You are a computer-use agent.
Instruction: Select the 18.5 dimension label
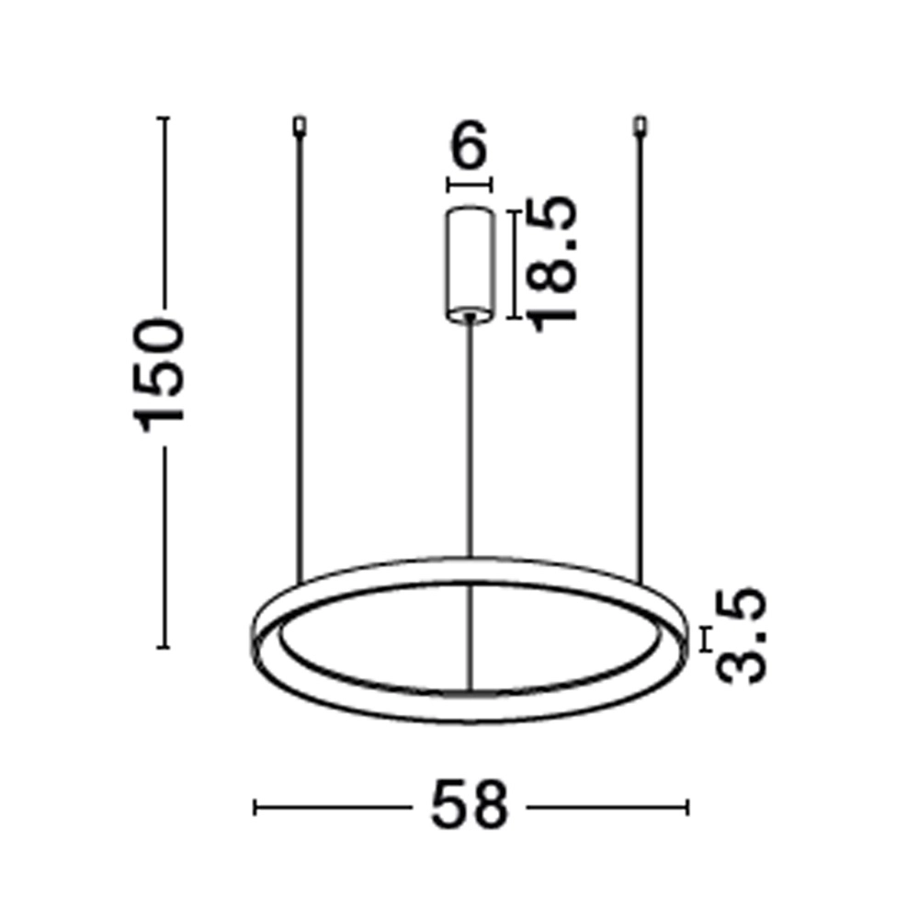[556, 261]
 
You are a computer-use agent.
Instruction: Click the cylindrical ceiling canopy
[470, 262]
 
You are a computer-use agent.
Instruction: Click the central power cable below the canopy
[470, 441]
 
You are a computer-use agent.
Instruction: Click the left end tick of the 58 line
[255, 807]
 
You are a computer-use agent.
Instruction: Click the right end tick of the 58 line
[686, 807]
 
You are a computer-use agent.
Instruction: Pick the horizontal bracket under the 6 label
[470, 186]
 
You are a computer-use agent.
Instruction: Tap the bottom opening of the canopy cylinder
[470, 315]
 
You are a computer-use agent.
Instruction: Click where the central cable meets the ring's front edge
[470, 691]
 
